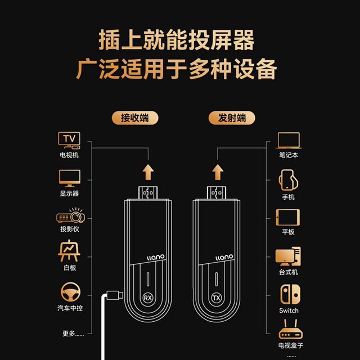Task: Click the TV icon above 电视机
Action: click(x=69, y=140)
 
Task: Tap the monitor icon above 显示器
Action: click(x=70, y=178)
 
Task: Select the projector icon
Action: click(x=70, y=215)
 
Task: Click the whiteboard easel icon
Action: click(x=69, y=251)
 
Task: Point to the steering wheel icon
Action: click(x=70, y=292)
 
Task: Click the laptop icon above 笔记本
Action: click(x=289, y=141)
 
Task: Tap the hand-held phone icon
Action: click(x=289, y=180)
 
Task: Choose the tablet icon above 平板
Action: click(x=287, y=217)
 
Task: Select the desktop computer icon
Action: click(x=288, y=256)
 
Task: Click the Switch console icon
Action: click(x=290, y=294)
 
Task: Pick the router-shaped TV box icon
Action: click(x=290, y=329)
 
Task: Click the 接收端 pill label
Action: click(x=135, y=118)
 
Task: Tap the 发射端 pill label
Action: click(x=232, y=118)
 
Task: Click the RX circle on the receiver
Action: click(x=148, y=298)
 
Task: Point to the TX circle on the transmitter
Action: click(x=217, y=298)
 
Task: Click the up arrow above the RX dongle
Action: click(x=148, y=172)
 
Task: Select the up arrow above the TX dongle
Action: click(x=218, y=172)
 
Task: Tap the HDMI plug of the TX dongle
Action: click(x=217, y=192)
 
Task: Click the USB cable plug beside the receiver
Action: click(x=115, y=295)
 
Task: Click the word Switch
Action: click(x=289, y=310)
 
